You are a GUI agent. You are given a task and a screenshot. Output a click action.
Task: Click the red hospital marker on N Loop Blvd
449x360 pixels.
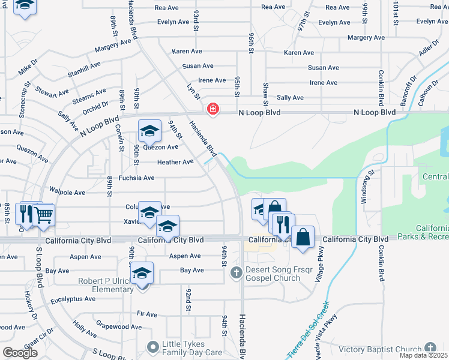(212, 109)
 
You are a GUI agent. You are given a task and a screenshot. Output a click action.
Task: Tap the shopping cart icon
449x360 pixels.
(43, 214)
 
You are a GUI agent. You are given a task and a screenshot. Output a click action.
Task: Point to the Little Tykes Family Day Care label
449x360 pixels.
(191, 349)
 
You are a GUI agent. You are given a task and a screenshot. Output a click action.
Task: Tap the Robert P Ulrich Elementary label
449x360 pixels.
(105, 285)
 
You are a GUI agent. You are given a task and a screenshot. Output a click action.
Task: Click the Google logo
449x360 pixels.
(20, 353)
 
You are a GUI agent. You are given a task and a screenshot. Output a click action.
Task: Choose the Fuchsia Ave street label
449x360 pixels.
(136, 178)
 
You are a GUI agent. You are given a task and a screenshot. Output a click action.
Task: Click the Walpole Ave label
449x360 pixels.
(67, 193)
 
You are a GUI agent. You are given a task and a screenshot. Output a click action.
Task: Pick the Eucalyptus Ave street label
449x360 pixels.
(73, 298)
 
